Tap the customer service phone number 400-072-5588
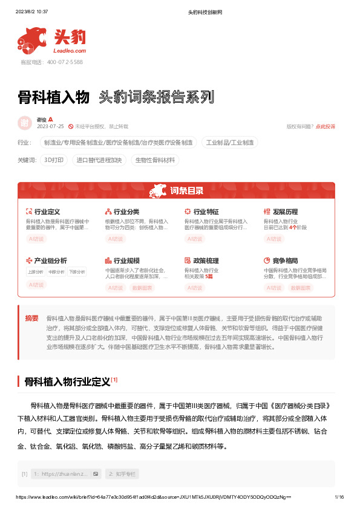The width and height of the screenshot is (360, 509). [x=60, y=62]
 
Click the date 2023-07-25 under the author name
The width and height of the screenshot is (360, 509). [x=50, y=126]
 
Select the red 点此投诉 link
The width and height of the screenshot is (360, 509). [x=325, y=126]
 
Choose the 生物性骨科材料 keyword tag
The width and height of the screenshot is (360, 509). [x=155, y=160]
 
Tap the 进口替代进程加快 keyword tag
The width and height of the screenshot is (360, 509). [x=99, y=160]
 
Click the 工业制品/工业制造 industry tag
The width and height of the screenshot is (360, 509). [x=230, y=143]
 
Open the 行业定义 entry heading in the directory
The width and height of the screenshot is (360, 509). [x=47, y=212]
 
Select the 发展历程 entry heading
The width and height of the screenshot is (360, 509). [x=285, y=212]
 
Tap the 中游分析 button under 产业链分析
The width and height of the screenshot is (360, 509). [x=56, y=271]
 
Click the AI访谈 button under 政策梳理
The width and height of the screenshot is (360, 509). [x=195, y=288]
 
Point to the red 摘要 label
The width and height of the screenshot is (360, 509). [x=31, y=317]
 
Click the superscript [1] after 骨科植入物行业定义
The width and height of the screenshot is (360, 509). [x=114, y=380]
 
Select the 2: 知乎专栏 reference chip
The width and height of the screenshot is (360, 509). [x=122, y=473]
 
